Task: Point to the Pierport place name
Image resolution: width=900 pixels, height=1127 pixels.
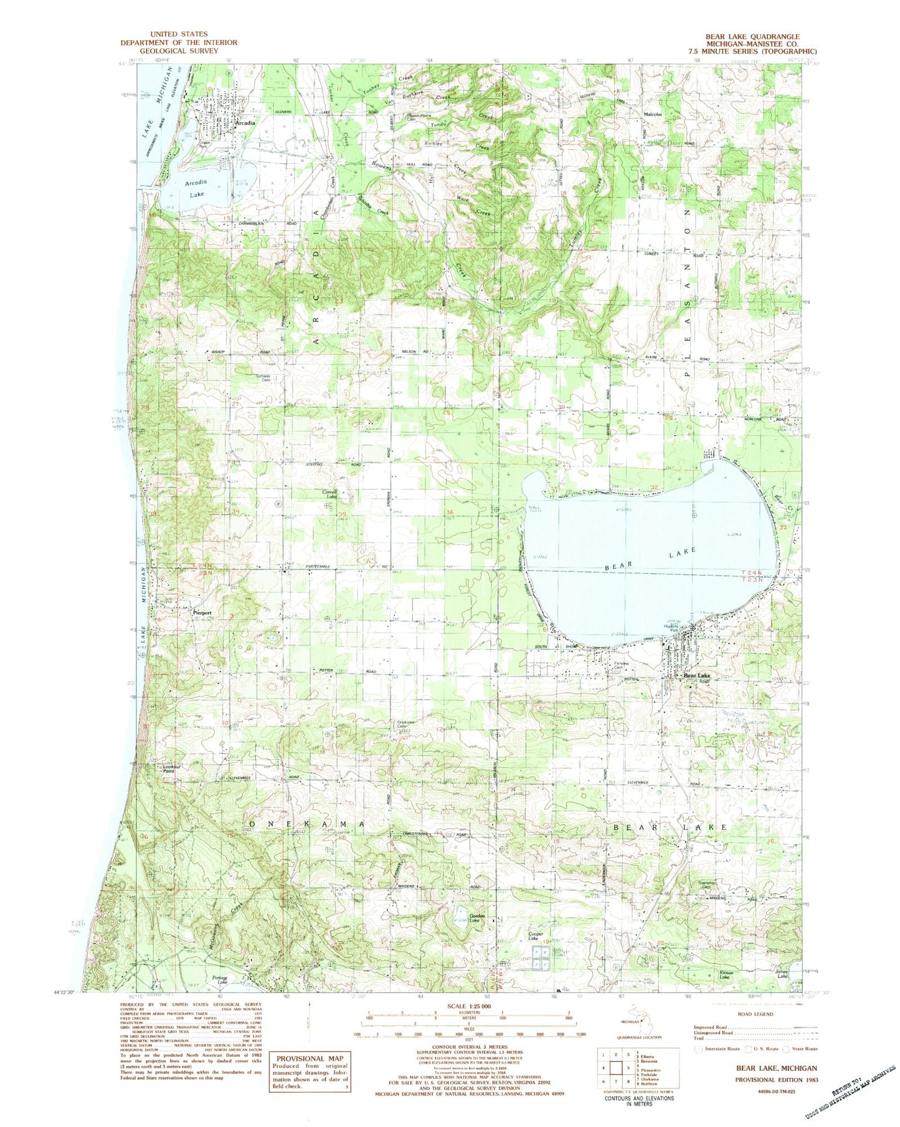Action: click(202, 613)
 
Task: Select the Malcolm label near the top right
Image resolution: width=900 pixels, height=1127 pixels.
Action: click(652, 115)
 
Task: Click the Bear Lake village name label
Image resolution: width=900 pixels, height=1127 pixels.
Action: click(696, 676)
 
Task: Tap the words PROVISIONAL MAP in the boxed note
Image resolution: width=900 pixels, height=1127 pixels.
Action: click(310, 1058)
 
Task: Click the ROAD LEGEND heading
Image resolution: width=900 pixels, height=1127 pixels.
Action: click(755, 1014)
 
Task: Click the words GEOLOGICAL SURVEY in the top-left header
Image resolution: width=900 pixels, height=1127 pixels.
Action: click(179, 51)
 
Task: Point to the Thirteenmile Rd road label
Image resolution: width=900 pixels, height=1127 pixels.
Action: click(321, 566)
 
